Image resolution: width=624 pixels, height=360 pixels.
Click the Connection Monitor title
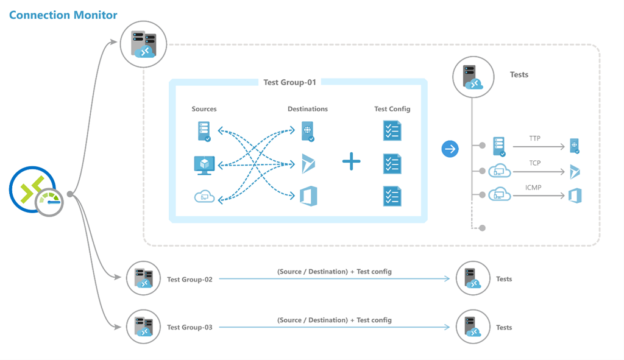click(x=63, y=15)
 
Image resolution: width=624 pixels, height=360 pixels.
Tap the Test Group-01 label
click(x=289, y=82)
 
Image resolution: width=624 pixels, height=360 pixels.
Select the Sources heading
click(x=204, y=109)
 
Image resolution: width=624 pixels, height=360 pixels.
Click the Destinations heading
click(x=308, y=109)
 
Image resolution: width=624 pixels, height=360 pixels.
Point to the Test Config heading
click(x=392, y=109)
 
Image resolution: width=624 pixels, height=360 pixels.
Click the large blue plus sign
click(x=352, y=161)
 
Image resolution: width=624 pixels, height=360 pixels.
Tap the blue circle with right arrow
click(x=450, y=149)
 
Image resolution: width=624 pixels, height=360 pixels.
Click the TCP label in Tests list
click(x=535, y=163)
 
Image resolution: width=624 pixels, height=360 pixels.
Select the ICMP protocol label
click(x=533, y=188)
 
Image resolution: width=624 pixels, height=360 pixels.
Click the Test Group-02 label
click(x=190, y=279)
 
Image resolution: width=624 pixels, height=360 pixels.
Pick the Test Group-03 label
click(x=190, y=327)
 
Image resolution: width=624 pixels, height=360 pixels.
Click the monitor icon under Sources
click(x=204, y=165)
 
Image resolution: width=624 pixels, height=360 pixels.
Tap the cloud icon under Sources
click(x=204, y=197)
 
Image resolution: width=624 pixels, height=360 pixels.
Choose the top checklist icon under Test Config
click(x=392, y=132)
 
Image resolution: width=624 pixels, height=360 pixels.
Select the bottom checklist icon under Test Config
click(x=392, y=197)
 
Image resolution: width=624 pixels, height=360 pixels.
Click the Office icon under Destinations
click(x=308, y=196)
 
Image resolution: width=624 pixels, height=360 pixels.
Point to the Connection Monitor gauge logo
click(x=36, y=191)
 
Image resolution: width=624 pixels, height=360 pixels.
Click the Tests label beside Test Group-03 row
click(x=504, y=327)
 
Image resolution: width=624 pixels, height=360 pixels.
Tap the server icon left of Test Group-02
click(x=143, y=278)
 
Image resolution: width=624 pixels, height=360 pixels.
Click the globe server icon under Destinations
click(x=308, y=132)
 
